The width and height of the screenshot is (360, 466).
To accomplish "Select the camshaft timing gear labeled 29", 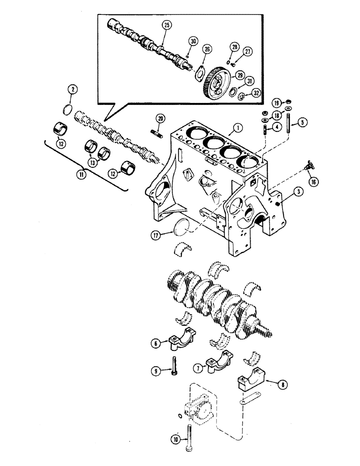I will [x=217, y=80].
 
